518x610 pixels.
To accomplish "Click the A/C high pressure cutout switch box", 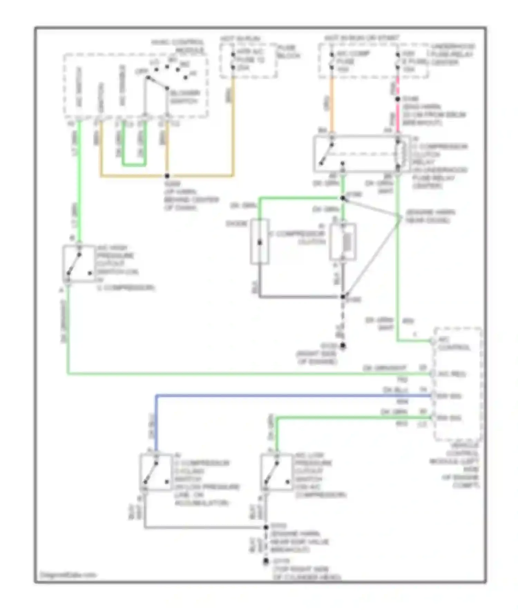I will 79,264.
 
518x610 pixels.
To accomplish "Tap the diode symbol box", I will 260,242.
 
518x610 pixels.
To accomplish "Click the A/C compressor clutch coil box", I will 343,242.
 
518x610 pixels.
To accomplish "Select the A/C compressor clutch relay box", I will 361,154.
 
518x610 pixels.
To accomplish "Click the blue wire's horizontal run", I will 294,395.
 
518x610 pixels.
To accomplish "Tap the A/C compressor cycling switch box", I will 156,472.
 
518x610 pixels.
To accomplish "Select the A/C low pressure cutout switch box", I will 276,472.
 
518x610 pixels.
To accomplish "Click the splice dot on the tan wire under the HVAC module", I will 167,176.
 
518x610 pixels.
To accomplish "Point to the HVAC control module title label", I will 178,46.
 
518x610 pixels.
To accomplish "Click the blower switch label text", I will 184,97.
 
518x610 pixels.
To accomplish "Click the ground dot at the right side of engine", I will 343,345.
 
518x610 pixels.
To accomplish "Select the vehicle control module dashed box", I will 458,383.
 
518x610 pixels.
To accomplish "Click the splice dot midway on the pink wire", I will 397,99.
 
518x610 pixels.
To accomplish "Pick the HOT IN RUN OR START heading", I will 362,38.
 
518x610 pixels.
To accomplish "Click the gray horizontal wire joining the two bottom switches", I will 204,527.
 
